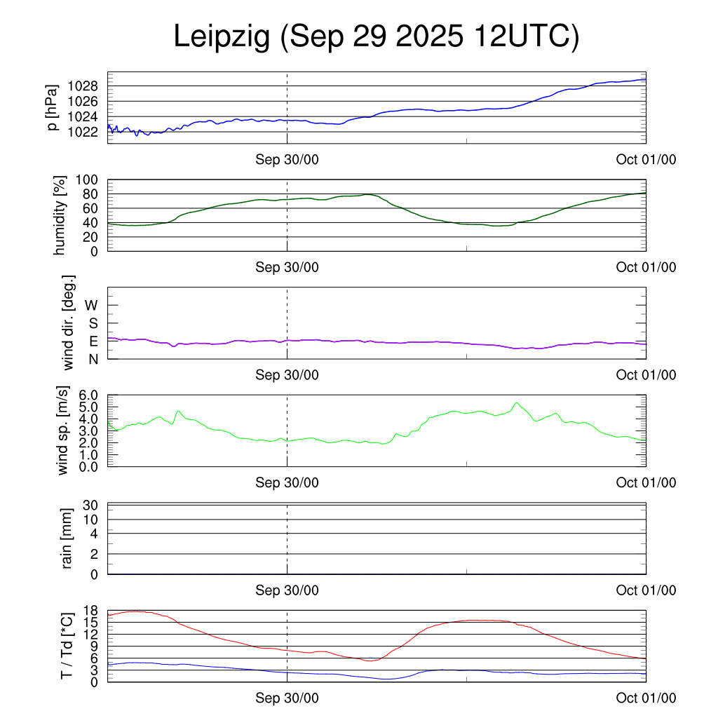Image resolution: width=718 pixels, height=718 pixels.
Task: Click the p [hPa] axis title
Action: click(52, 108)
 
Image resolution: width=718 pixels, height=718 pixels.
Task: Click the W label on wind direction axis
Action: click(92, 305)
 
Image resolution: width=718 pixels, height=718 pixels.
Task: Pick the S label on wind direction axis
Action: click(93, 323)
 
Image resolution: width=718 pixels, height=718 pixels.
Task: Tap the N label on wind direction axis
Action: click(93, 359)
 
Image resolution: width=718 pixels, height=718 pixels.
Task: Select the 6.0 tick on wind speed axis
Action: click(89, 395)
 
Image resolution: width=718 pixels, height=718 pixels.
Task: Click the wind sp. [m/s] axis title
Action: click(64, 431)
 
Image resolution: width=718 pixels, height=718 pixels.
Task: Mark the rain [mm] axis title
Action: click(67, 538)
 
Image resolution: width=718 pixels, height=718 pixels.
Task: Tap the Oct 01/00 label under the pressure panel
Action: click(646, 159)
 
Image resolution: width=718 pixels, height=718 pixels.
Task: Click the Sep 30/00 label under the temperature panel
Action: click(287, 698)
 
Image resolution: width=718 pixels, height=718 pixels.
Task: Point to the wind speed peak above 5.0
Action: click(517, 402)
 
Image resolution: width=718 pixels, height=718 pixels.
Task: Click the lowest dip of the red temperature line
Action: click(370, 661)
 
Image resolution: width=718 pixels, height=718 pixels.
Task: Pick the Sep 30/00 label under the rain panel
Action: click(287, 590)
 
